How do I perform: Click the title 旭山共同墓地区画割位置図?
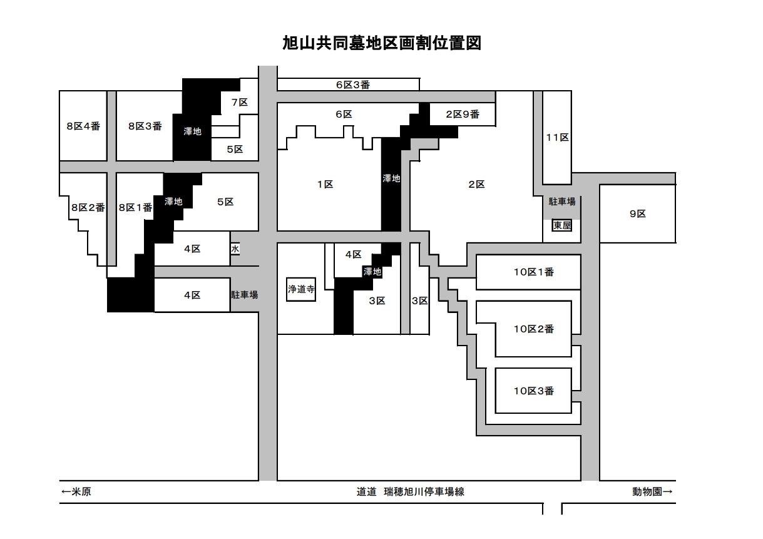pos(381,43)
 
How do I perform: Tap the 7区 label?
pos(239,102)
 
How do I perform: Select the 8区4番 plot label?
pos(83,126)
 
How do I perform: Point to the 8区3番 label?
pos(145,126)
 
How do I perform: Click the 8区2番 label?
pos(88,207)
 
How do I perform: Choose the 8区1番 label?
pos(135,207)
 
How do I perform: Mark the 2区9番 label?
pos(462,114)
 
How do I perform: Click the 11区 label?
pos(556,137)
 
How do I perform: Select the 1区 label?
pos(324,184)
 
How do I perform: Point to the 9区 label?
pos(637,213)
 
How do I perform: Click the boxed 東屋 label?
pos(561,225)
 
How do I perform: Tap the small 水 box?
pos(235,249)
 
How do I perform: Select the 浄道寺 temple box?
pos(300,290)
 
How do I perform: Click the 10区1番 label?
pos(533,272)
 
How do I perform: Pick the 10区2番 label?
pos(533,329)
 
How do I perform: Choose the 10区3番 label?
pos(533,391)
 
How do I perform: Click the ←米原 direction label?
pos(76,491)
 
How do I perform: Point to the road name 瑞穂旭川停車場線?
pos(424,491)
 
